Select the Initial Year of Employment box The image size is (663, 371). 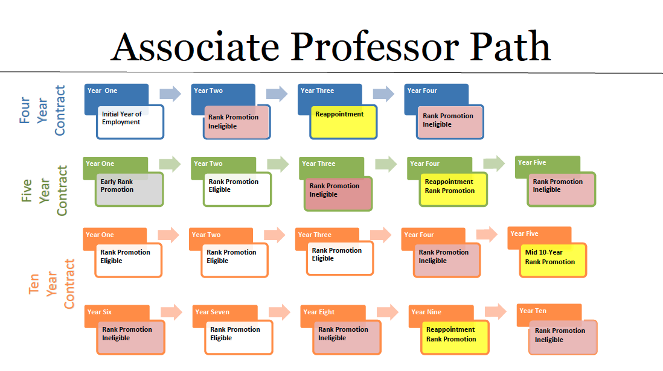130,122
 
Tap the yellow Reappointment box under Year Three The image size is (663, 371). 344,121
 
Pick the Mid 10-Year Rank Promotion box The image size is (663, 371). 553,260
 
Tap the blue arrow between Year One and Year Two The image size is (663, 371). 170,93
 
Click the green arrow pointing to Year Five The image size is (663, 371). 494,163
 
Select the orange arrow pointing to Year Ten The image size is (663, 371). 495,311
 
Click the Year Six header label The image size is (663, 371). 100,312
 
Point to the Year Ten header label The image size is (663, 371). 533,311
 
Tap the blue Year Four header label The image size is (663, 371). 422,90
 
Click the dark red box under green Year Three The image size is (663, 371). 338,193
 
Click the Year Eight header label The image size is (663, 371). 319,312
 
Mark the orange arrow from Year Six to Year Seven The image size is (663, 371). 171,312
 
